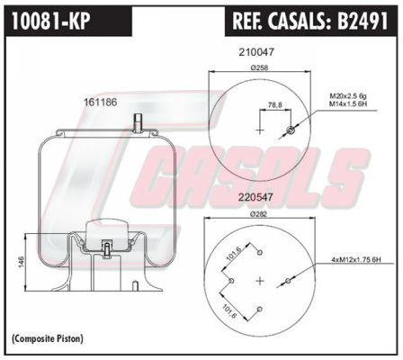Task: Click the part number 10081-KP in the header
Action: coord(51,21)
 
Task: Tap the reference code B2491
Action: coord(363,21)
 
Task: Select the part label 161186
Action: coord(100,103)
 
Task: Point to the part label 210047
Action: coord(256,52)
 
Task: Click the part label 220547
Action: coord(255,197)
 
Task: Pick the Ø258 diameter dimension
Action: coord(259,68)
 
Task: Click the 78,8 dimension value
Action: coord(274,105)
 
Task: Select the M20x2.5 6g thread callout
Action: coord(348,96)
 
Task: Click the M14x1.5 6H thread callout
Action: coord(348,103)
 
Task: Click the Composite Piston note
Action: coord(48,338)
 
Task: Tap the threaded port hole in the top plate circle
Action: coord(291,130)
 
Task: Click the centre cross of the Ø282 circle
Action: coord(260,281)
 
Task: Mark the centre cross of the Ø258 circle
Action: coord(260,130)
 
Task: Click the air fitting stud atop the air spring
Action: coord(138,122)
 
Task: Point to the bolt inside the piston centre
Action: coord(107,249)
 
